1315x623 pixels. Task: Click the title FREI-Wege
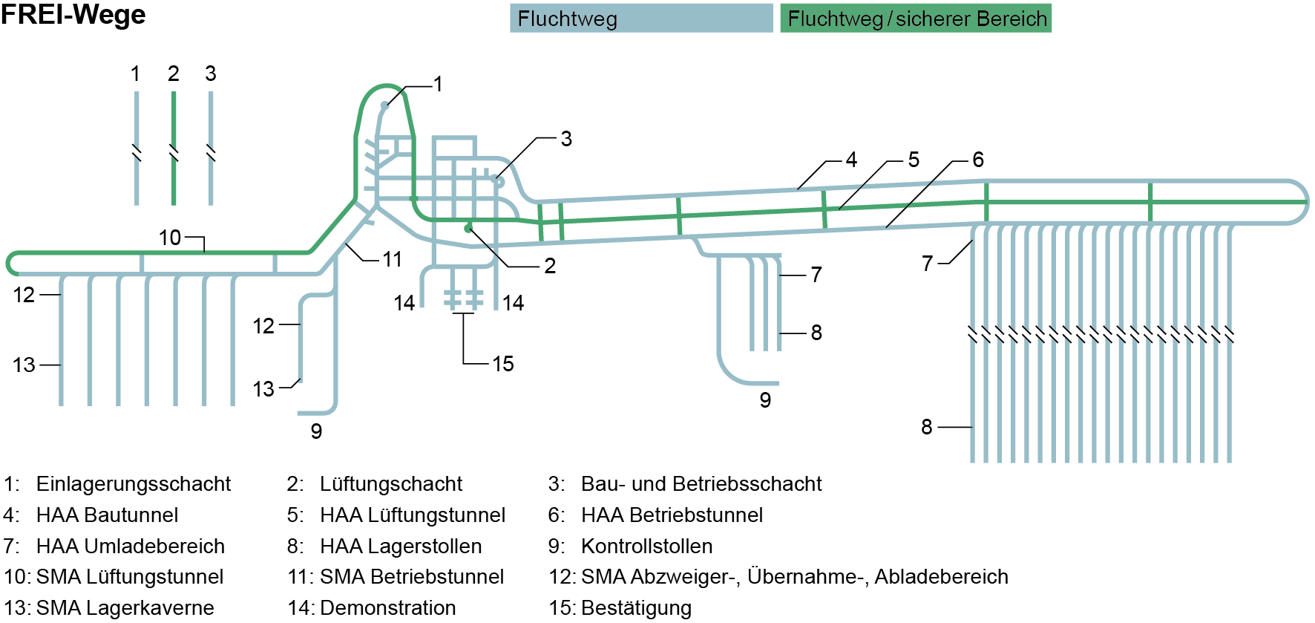[x=73, y=15]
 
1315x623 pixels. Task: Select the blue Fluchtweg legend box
[x=641, y=19]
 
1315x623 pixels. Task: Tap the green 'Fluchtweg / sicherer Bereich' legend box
[x=916, y=19]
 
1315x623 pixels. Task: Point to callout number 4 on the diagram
[x=851, y=160]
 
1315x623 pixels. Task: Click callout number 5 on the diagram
[x=914, y=160]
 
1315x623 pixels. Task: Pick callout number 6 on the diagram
[x=978, y=160]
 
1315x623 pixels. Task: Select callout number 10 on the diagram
[x=170, y=238]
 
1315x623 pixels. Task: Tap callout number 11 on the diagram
[x=393, y=259]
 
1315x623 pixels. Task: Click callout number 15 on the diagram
[x=503, y=364]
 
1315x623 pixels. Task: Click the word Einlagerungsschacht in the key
[x=134, y=484]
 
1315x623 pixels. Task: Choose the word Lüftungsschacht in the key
[x=391, y=484]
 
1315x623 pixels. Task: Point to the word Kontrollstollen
[x=646, y=547]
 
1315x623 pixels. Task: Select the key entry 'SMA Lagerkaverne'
[x=125, y=608]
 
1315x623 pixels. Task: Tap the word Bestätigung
[x=636, y=608]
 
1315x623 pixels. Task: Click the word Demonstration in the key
[x=388, y=608]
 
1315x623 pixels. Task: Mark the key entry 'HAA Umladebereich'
[x=130, y=547]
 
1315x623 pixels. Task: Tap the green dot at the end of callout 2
[x=468, y=229]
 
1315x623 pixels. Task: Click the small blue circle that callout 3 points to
[x=499, y=181]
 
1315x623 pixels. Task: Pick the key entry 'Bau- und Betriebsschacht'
[x=701, y=484]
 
